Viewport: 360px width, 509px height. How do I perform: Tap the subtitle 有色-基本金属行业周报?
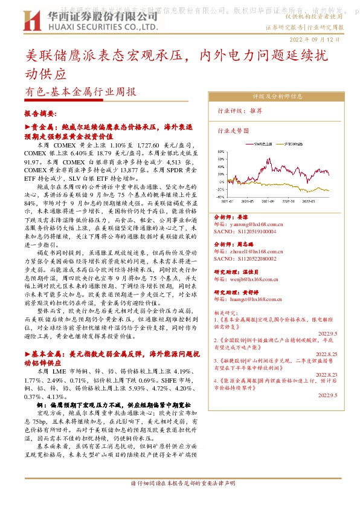tap(81, 92)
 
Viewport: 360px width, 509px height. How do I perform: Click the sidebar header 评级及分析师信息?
tap(277, 96)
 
